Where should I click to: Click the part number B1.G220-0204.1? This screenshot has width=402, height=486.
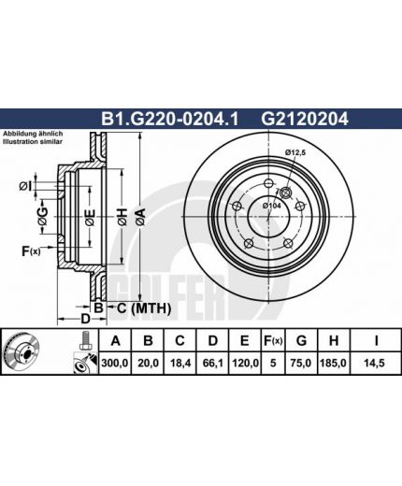point(170,119)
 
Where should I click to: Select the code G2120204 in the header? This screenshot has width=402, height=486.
point(305,119)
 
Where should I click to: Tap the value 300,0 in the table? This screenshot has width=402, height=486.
point(115,363)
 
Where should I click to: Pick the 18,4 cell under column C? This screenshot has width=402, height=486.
point(179,363)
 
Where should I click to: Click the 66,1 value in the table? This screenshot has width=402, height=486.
point(212,363)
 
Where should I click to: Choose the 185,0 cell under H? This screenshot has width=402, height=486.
point(333,363)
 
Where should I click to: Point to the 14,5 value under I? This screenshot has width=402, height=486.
point(376,363)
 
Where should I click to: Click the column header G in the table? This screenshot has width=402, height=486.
point(301,341)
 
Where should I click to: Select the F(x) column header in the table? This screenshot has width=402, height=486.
point(273,341)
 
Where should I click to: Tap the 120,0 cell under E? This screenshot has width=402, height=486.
point(245,363)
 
